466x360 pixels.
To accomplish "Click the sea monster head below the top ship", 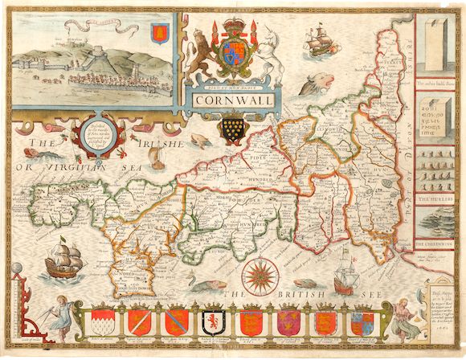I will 319,83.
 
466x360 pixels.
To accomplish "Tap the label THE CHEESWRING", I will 434,242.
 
